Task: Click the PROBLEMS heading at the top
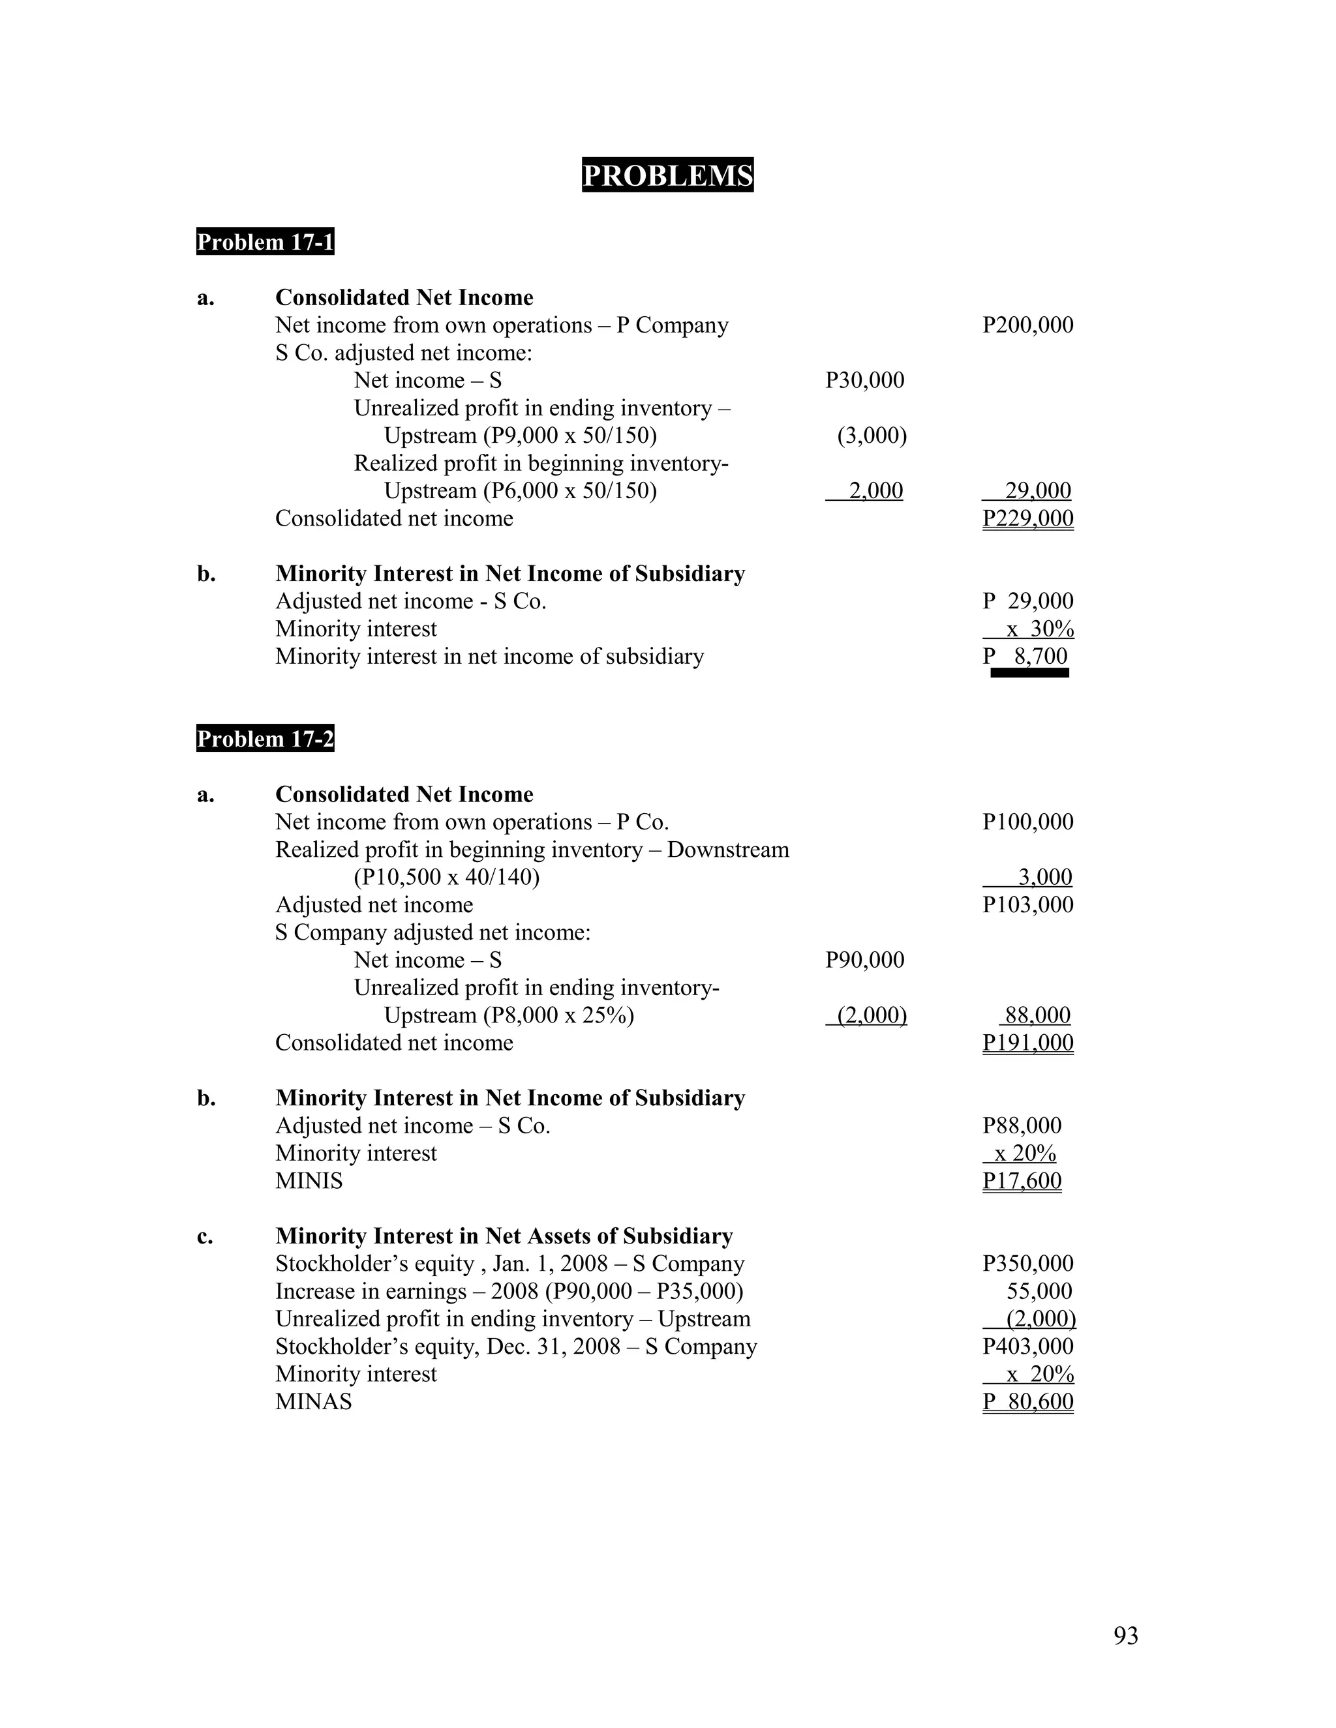[667, 175]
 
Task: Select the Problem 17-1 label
[265, 242]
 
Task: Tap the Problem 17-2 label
[265, 739]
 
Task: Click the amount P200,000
[1027, 325]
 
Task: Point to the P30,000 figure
[864, 381]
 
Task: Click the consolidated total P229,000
[1027, 519]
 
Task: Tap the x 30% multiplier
[1039, 630]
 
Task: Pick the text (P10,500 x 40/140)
[446, 878]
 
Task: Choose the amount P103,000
[1027, 905]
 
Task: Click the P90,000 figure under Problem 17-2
[864, 961]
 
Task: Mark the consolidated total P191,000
[1027, 1043]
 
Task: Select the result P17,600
[1021, 1182]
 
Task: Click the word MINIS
[309, 1182]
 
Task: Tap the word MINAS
[313, 1402]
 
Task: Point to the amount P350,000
[1027, 1264]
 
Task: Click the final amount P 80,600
[1027, 1402]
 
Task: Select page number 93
[1125, 1635]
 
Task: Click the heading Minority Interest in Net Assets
[504, 1236]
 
